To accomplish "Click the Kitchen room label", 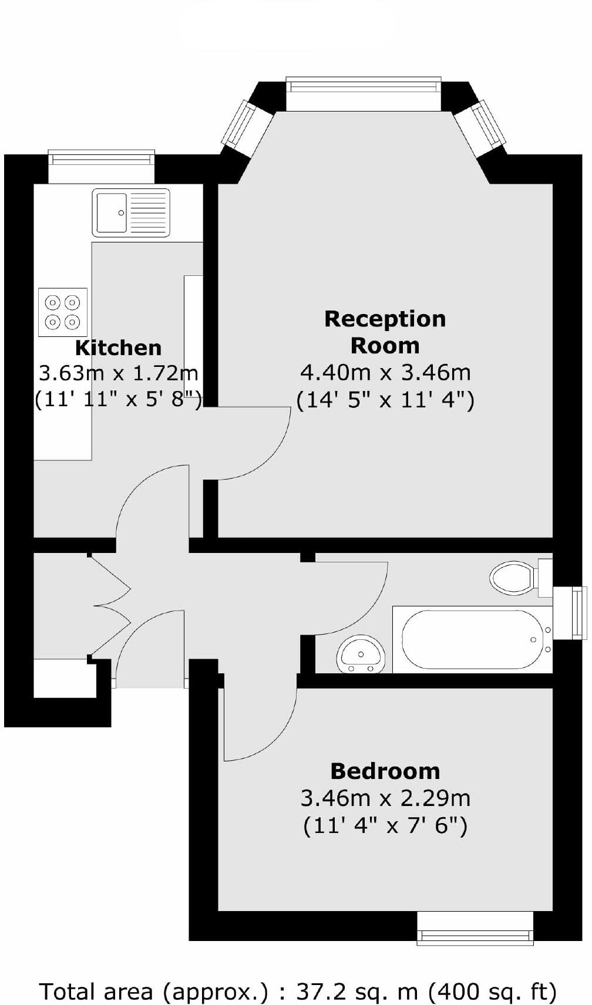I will (x=118, y=348).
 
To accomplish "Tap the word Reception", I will (x=385, y=319).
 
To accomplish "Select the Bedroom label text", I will (x=385, y=771).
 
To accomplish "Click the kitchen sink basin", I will (x=110, y=212).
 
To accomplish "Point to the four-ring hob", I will (x=63, y=312).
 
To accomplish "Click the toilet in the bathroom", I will (x=513, y=578).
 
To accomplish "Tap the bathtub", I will (x=470, y=639).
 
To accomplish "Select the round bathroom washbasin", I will (x=361, y=654).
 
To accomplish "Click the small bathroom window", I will (x=580, y=612).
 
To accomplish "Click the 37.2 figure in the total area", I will (x=317, y=991).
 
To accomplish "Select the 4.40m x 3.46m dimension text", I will (x=385, y=372).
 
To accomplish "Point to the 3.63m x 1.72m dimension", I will (x=118, y=373).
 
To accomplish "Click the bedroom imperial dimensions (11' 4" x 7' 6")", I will (x=385, y=826).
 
